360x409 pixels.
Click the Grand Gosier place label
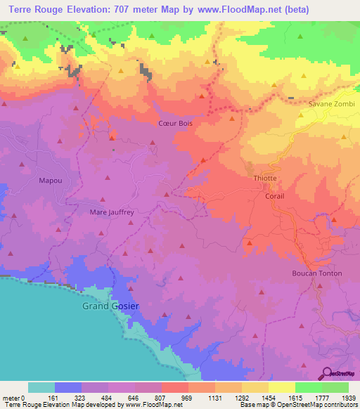[x=110, y=306]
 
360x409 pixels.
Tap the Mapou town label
[x=50, y=181]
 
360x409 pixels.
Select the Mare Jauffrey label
[x=112, y=211]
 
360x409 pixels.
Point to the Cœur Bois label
[x=175, y=123]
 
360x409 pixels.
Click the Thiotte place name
[x=265, y=180]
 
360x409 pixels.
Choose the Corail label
[x=274, y=196]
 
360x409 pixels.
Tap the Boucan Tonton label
[x=316, y=273]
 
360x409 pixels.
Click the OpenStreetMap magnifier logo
[x=327, y=373]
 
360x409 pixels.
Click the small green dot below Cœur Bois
[x=112, y=149]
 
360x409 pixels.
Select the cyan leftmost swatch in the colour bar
[x=41, y=387]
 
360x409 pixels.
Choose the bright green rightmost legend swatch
[x=335, y=387]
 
